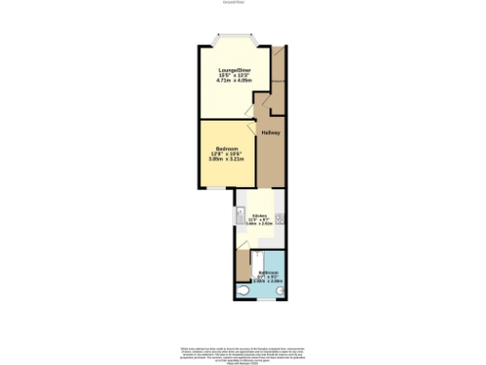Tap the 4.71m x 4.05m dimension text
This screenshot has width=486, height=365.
233,82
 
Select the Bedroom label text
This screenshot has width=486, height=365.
226,148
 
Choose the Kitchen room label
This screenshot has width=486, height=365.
259,216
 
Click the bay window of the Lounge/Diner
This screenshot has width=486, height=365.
233,39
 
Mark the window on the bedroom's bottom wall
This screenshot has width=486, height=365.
218,187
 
